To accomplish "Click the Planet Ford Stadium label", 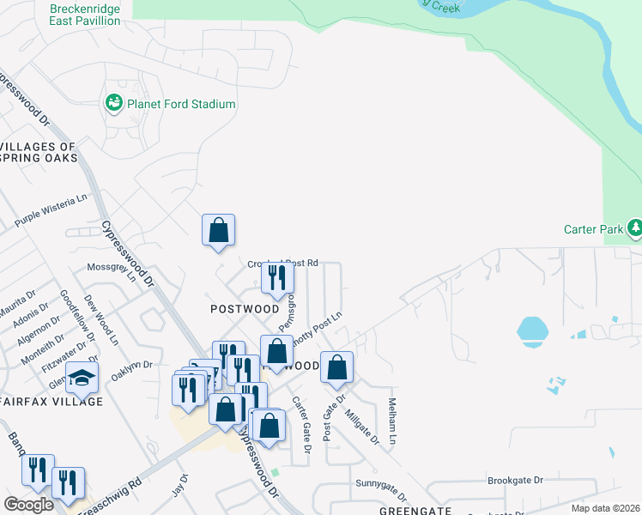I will [181, 104].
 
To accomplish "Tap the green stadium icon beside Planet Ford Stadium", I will [113, 104].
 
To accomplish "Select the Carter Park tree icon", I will [634, 228].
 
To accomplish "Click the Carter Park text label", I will [592, 229].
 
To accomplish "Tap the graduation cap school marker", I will [82, 378].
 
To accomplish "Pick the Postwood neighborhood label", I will [245, 308].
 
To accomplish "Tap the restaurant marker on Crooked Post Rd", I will [277, 277].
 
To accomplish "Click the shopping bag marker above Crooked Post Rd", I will [219, 230].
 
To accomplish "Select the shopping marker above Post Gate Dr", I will [337, 367].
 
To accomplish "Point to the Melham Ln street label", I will [392, 421].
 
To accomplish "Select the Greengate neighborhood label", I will [415, 510].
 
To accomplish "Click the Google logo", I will [28, 504].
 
